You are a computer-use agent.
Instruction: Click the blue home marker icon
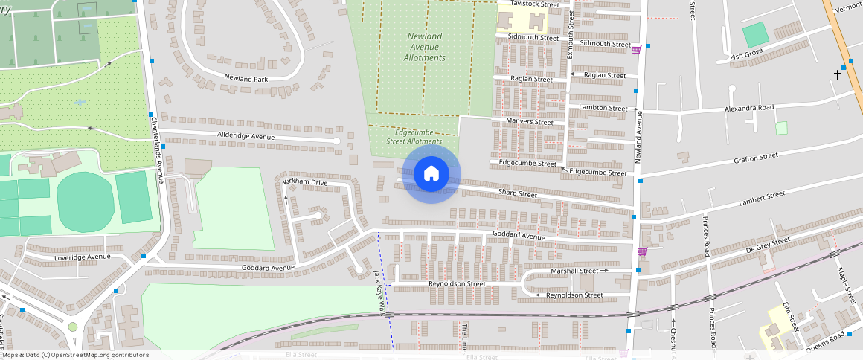click(x=431, y=174)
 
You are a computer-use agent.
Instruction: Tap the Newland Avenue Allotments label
click(x=424, y=47)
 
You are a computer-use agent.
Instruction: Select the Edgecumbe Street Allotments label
click(x=414, y=137)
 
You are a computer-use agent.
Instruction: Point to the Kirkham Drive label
click(x=305, y=182)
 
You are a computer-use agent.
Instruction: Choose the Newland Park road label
click(x=246, y=78)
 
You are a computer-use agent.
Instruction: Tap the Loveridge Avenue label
click(x=82, y=257)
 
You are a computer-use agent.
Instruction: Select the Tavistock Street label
click(x=535, y=4)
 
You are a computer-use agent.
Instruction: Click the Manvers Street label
click(x=529, y=122)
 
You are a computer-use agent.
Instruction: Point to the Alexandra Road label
click(x=749, y=109)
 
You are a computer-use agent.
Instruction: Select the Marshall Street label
click(x=574, y=271)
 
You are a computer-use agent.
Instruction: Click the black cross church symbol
click(x=838, y=74)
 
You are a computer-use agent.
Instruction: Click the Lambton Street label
click(x=603, y=109)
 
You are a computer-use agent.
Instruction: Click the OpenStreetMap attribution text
click(x=75, y=355)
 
